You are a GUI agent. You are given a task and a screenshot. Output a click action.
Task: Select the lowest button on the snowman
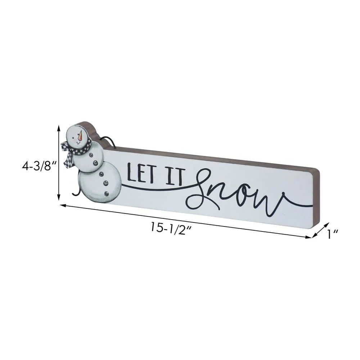click(107, 194)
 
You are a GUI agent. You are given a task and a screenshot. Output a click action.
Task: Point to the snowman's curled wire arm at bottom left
click(76, 192)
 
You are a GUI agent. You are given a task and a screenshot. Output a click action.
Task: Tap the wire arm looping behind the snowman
click(108, 141)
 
